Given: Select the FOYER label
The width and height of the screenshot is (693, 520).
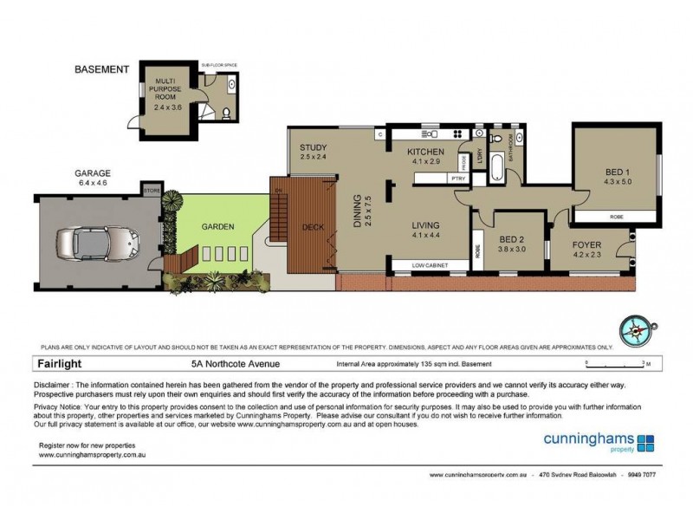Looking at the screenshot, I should [x=586, y=245].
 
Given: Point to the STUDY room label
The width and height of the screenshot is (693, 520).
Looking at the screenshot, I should [x=313, y=146].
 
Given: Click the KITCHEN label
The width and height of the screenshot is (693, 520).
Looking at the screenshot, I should [x=426, y=150].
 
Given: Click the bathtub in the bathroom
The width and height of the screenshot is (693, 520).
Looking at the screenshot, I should [x=499, y=166].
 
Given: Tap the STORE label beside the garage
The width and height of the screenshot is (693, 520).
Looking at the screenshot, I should [x=152, y=188].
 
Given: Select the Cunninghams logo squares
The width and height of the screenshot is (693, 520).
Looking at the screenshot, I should [x=645, y=444].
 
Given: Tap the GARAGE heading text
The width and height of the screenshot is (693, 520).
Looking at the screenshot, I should [x=92, y=172].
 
